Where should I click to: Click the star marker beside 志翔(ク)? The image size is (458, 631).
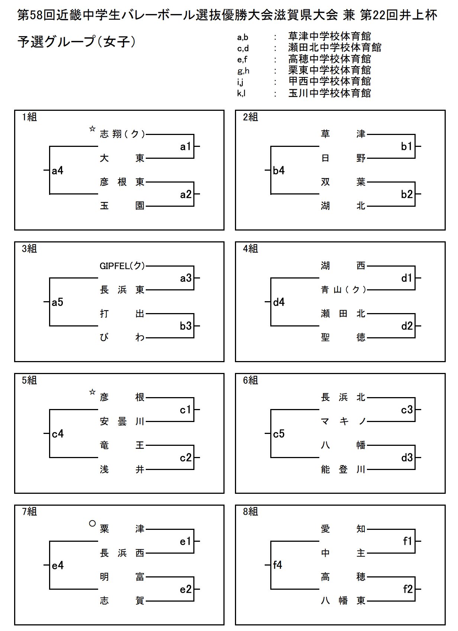click(x=92, y=129)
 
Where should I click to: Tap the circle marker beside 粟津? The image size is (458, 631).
click(x=92, y=524)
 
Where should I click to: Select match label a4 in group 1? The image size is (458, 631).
click(x=58, y=171)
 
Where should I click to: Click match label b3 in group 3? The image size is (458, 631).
click(x=186, y=326)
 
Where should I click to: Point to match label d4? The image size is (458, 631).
click(x=279, y=302)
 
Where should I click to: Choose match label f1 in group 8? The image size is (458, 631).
click(x=407, y=541)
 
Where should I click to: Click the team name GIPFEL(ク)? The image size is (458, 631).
click(x=122, y=266)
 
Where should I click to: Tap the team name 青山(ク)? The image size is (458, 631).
click(x=343, y=290)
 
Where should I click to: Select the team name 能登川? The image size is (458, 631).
click(x=343, y=470)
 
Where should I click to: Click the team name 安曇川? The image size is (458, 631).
click(x=122, y=422)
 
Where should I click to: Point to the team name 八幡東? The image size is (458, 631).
click(x=343, y=601)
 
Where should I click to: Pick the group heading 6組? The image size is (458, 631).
click(x=250, y=380)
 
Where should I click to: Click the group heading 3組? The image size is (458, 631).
click(x=29, y=248)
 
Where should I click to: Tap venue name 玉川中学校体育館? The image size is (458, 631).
click(x=329, y=93)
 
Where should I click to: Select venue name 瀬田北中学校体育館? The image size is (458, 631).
click(x=335, y=48)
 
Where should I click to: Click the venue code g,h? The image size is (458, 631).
click(x=243, y=71)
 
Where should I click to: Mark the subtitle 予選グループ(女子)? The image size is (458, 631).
click(x=77, y=42)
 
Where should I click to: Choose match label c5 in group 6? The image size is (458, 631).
click(x=279, y=434)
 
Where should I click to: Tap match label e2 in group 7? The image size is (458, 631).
click(x=186, y=589)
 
